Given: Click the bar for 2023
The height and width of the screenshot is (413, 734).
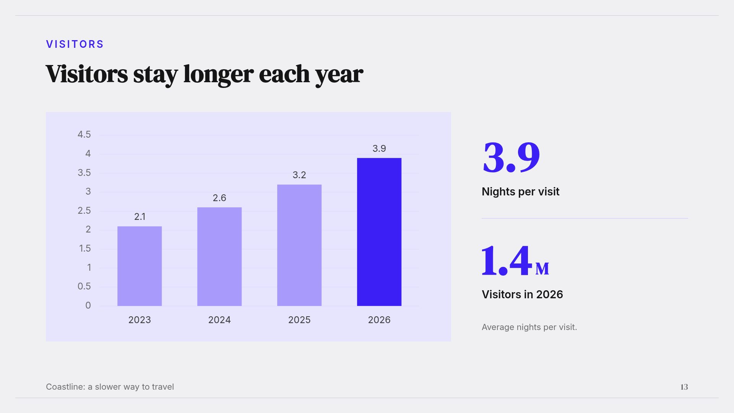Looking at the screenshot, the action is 140,266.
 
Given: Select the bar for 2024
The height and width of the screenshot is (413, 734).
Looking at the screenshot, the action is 219,257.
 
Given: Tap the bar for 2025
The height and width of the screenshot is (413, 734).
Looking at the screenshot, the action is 299,245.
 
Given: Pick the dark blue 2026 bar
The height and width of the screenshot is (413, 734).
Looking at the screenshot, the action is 379,232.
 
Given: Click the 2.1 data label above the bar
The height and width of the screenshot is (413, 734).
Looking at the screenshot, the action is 140,217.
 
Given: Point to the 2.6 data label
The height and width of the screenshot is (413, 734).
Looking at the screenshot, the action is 219,198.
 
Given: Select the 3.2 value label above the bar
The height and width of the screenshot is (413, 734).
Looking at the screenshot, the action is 299,175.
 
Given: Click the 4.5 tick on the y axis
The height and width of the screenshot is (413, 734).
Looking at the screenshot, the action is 84,135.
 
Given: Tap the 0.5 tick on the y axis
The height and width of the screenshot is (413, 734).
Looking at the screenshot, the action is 84,286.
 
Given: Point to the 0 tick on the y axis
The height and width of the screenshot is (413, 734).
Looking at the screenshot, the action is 88,306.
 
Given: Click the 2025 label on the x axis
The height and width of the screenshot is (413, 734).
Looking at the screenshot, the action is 299,320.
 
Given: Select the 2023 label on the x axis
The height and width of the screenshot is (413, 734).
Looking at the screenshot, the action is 140,320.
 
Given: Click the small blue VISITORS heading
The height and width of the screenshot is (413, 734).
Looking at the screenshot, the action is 75,44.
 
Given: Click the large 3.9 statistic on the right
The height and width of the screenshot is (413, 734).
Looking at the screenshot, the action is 511,157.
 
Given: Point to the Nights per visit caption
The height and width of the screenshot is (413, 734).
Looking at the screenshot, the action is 520,192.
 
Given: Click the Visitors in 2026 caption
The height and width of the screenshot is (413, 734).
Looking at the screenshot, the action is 522,294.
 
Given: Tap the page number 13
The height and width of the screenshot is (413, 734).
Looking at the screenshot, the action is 684,387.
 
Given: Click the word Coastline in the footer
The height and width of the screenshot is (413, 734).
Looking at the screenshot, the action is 65,387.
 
